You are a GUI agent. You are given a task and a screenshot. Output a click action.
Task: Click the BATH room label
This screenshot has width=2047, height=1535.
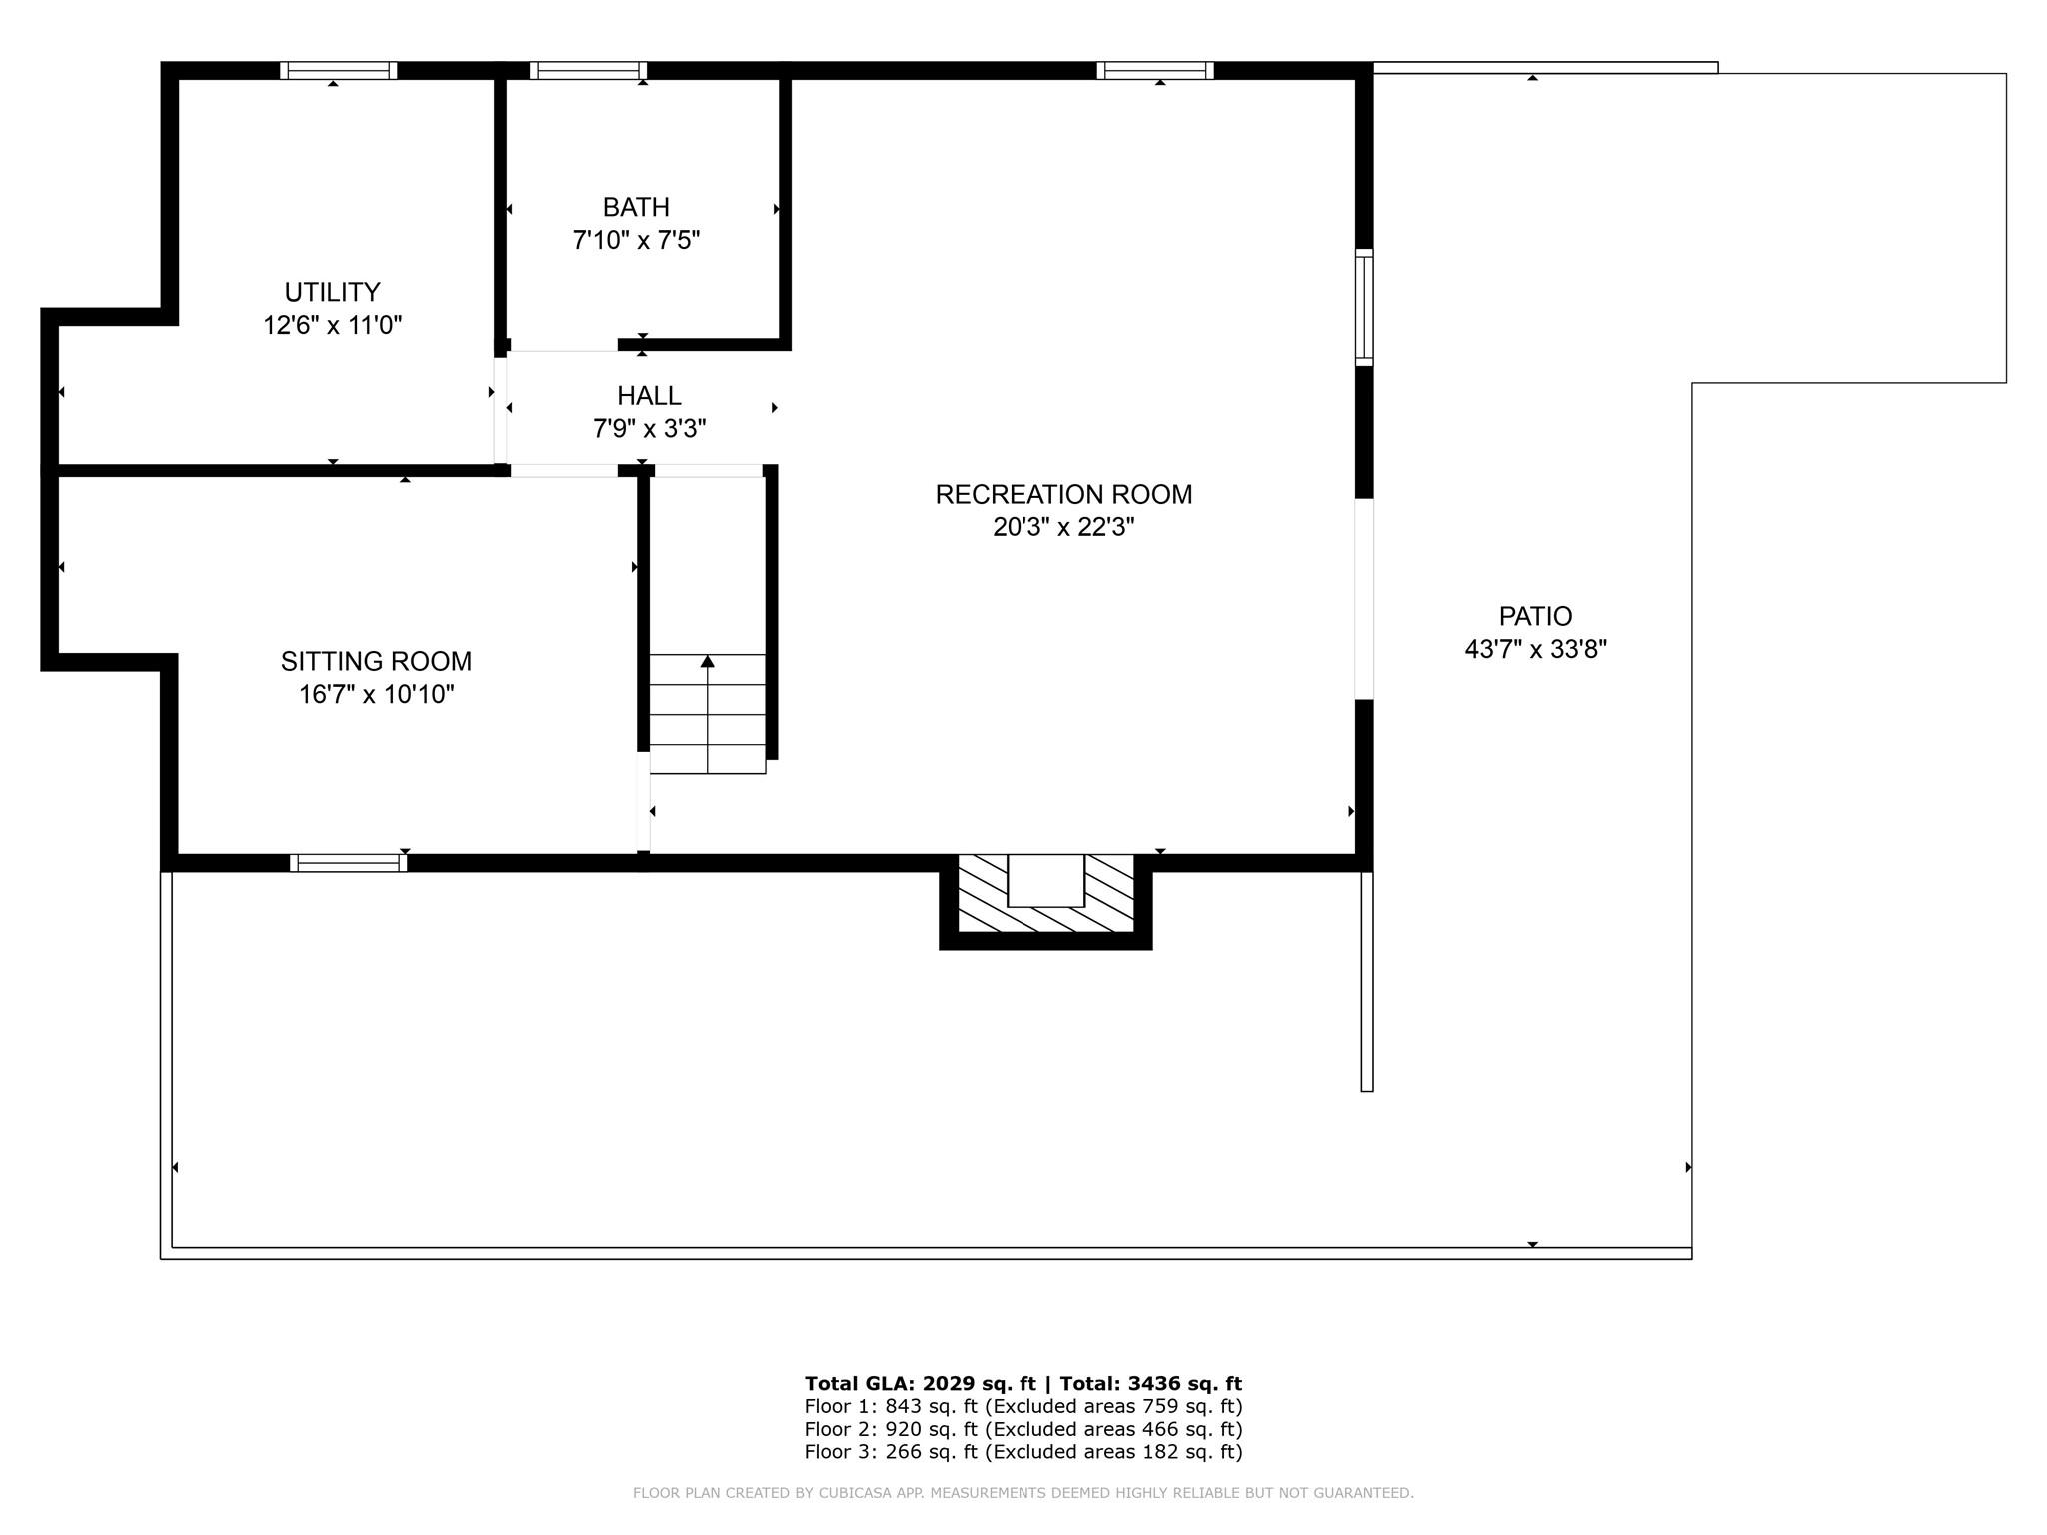pyautogui.click(x=636, y=207)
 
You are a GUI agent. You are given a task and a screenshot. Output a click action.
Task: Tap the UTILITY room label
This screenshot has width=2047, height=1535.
pyautogui.click(x=332, y=292)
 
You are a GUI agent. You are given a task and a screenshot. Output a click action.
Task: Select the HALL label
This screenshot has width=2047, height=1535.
pyautogui.click(x=649, y=395)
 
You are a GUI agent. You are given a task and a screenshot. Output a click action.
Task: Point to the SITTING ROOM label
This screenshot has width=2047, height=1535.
pyautogui.click(x=376, y=661)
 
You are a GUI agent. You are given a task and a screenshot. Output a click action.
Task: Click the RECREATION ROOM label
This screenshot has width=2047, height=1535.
pyautogui.click(x=1063, y=494)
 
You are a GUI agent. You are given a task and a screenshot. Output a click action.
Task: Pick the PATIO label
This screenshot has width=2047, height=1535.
pyautogui.click(x=1535, y=616)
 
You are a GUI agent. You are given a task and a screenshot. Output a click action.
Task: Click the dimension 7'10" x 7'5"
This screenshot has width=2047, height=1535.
pyautogui.click(x=636, y=240)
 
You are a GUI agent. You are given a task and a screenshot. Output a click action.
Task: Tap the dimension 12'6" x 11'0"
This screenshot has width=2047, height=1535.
pyautogui.click(x=332, y=325)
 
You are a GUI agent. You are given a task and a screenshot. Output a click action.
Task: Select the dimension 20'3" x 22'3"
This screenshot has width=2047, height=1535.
pyautogui.click(x=1063, y=527)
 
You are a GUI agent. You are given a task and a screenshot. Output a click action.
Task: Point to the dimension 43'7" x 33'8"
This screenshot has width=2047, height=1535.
pyautogui.click(x=1535, y=649)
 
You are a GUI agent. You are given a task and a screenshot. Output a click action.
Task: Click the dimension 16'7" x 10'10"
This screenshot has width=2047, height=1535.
pyautogui.click(x=376, y=694)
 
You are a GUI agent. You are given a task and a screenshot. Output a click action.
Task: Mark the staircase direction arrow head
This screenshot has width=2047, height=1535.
pyautogui.click(x=708, y=661)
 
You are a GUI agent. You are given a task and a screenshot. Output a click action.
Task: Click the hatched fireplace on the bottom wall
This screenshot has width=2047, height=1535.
pyautogui.click(x=1045, y=896)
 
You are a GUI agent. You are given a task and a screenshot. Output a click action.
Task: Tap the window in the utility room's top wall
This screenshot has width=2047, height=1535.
pyautogui.click(x=339, y=71)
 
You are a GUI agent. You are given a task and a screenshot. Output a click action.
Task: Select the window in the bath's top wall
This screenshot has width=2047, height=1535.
pyautogui.click(x=588, y=71)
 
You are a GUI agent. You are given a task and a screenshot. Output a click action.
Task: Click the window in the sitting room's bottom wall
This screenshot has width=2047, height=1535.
pyautogui.click(x=348, y=863)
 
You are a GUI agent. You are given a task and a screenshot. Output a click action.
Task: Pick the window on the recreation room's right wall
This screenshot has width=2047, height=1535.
pyautogui.click(x=1364, y=307)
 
